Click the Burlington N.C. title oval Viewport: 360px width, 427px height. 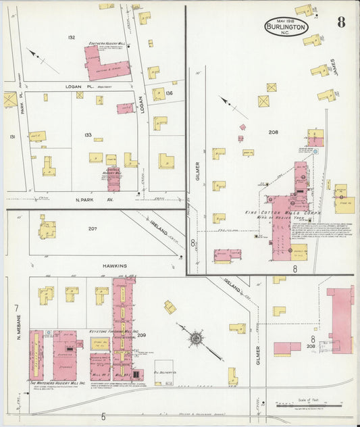[286, 26]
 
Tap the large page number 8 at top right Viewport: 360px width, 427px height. [341, 22]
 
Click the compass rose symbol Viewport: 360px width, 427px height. [196, 336]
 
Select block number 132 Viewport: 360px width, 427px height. [71, 36]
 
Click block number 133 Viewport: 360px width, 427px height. [87, 134]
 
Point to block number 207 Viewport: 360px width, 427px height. [93, 228]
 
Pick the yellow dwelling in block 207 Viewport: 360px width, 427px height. [47, 230]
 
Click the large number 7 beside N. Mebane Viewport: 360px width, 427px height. [16, 308]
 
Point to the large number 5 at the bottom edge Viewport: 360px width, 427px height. [104, 416]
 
